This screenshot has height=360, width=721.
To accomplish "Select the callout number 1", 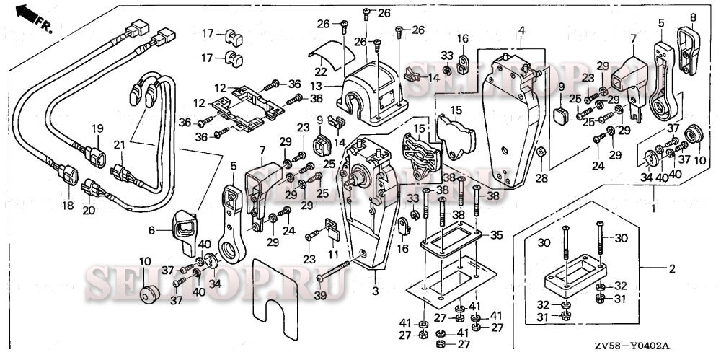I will click(654, 208).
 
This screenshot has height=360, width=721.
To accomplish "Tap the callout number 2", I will click(672, 270).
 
